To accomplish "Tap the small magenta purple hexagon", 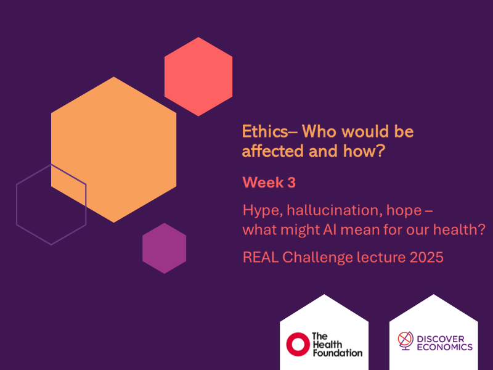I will coord(164,249).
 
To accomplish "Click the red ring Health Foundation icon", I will coord(297,344).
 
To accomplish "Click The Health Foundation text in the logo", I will coord(336,344).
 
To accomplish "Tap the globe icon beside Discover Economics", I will coord(405,340).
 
